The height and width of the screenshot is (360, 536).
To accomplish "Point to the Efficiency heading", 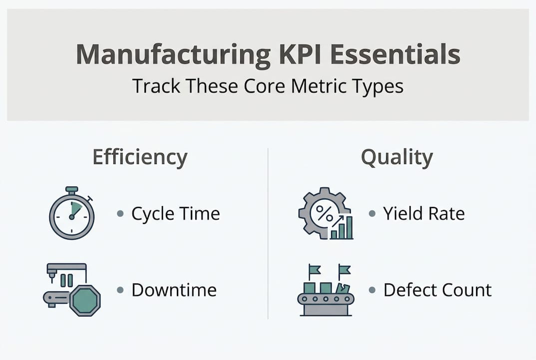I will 140,157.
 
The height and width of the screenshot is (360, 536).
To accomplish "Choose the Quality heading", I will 397,157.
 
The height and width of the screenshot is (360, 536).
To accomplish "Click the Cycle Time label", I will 175,214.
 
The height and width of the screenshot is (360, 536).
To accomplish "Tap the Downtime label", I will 174,290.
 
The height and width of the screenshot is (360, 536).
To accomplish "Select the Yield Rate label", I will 424,214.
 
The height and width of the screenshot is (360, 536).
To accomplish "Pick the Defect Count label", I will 437,290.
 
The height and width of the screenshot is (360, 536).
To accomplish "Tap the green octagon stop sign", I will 85,300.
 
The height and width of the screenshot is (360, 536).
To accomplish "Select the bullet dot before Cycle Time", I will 120,214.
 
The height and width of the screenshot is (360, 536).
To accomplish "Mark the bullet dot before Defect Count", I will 372,290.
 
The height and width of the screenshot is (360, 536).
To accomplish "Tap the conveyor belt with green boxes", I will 325,298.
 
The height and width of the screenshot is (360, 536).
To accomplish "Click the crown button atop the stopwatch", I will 72,190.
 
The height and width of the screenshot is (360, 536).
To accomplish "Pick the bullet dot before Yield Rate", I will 372,214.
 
